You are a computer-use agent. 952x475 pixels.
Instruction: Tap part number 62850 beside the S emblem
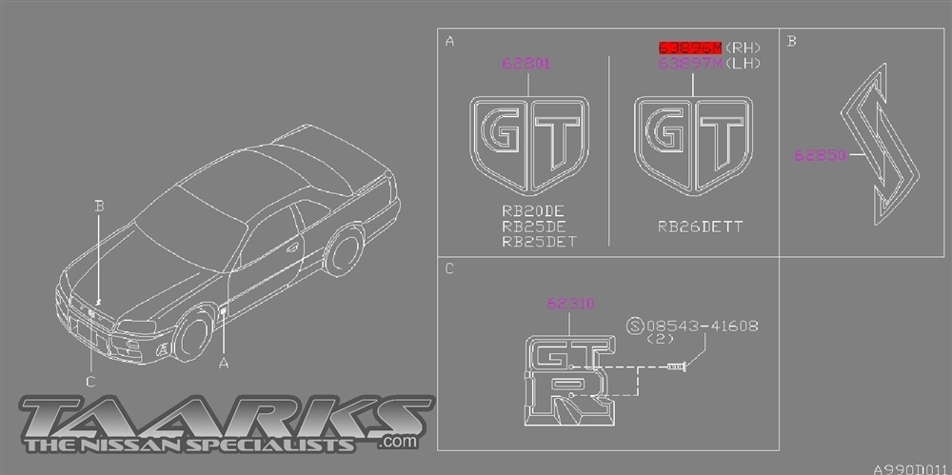pyautogui.click(x=821, y=153)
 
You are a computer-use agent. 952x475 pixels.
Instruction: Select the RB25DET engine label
pyautogui.click(x=539, y=242)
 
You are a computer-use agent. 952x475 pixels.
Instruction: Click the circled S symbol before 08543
pyautogui.click(x=635, y=326)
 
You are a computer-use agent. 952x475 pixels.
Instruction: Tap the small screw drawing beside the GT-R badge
pyautogui.click(x=677, y=366)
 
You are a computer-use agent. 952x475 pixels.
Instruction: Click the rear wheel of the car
pyautogui.click(x=343, y=250)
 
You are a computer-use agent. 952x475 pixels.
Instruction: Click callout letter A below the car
pyautogui.click(x=224, y=363)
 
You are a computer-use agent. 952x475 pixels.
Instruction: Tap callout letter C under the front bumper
pyautogui.click(x=90, y=382)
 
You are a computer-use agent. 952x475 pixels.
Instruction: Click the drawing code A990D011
pyautogui.click(x=912, y=467)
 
